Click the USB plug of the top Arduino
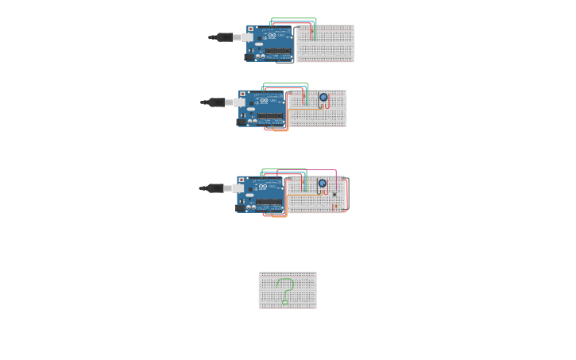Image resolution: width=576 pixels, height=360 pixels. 237,37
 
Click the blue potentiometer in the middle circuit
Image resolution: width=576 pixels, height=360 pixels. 323,98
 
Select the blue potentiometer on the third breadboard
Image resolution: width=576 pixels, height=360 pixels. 322,184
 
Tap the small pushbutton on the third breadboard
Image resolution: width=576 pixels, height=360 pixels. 334,195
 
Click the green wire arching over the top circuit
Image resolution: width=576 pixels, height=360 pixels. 294,18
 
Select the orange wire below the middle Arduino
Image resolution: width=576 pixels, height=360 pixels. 280,130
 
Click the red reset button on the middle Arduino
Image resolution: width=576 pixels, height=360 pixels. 242,94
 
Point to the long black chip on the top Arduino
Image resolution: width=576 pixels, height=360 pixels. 278,52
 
